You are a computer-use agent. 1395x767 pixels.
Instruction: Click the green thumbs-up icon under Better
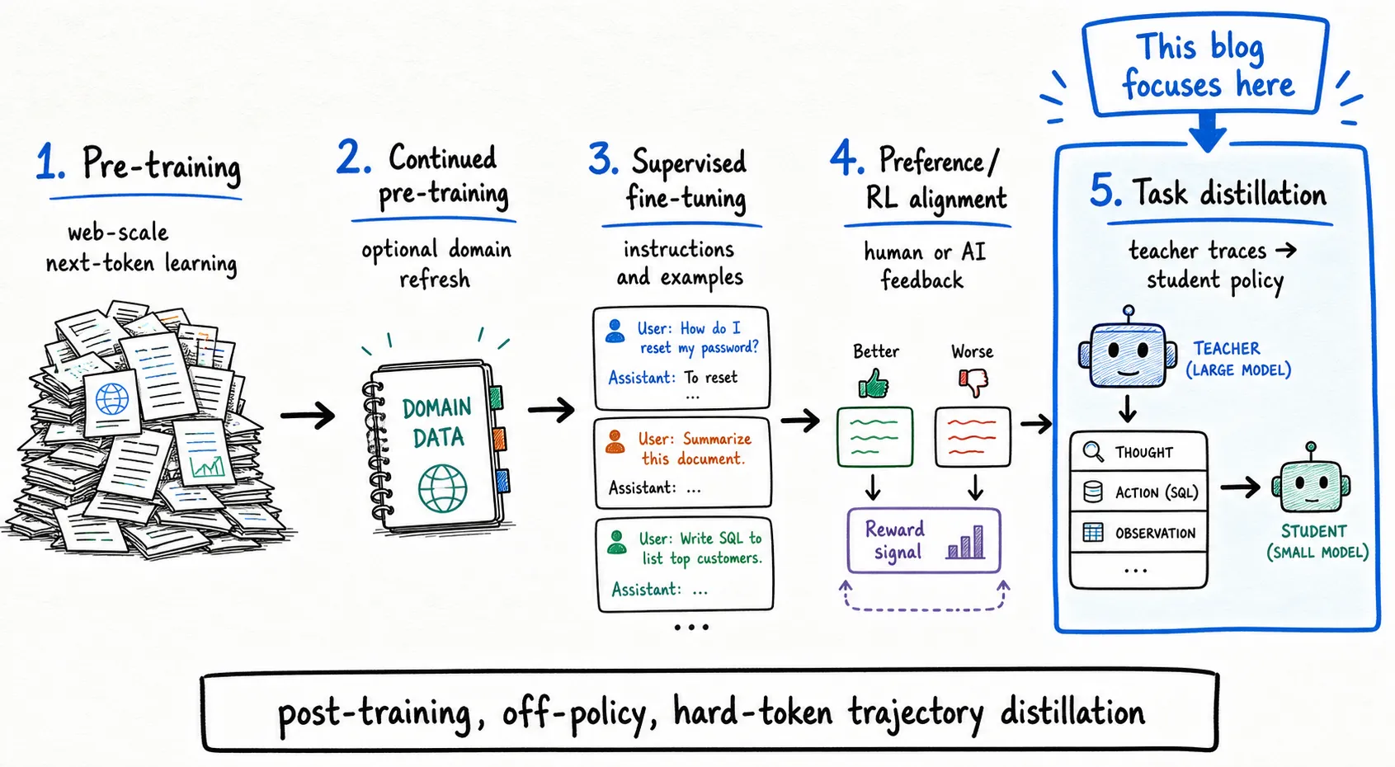click(874, 383)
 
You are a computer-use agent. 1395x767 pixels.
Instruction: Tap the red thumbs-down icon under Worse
click(973, 382)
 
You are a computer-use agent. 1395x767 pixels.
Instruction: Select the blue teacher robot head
click(1128, 352)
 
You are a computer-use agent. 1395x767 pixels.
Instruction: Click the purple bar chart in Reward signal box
click(965, 542)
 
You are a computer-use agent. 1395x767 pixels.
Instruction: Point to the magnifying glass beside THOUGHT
click(1094, 451)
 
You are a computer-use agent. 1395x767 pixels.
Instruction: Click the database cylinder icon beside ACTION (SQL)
click(1093, 492)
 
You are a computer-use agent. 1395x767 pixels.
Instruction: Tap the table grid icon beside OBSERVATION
click(1093, 532)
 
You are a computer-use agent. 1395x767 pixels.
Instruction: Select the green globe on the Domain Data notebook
click(442, 489)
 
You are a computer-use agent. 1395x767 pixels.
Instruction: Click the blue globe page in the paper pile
click(112, 401)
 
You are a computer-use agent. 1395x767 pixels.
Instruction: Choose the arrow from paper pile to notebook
click(308, 415)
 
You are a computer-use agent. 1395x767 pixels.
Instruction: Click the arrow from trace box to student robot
click(1241, 487)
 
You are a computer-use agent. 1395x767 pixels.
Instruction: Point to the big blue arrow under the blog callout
click(1208, 132)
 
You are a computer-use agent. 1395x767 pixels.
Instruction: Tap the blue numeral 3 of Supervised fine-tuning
click(603, 158)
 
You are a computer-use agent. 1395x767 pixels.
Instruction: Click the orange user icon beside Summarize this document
click(615, 441)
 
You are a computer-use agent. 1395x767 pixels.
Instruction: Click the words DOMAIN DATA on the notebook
click(437, 423)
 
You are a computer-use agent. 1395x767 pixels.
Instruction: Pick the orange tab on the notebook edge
click(499, 439)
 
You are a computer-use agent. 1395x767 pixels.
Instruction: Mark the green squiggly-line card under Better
click(875, 437)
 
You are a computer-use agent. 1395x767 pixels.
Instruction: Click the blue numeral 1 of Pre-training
click(49, 162)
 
